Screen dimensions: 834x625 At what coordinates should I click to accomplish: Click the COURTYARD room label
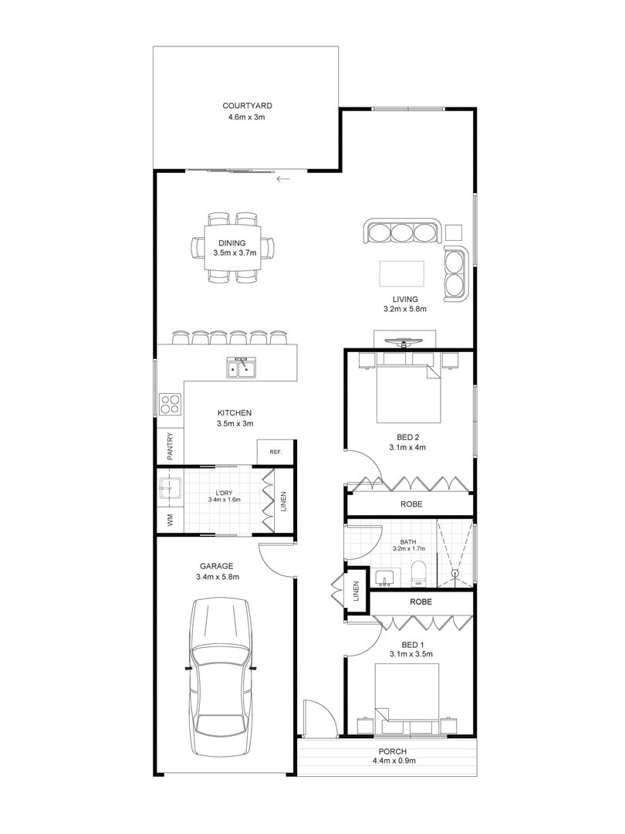(x=247, y=106)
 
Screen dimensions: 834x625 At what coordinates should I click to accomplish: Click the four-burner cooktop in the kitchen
(x=170, y=403)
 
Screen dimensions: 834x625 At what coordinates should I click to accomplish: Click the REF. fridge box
(x=275, y=452)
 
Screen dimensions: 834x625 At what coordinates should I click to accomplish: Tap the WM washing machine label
(x=170, y=520)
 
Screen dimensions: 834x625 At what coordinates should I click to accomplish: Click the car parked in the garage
(x=221, y=678)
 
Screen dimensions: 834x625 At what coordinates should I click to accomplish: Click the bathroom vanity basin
(x=383, y=578)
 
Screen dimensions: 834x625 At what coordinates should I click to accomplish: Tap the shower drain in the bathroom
(x=455, y=574)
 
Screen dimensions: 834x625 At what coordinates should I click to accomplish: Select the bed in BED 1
(x=407, y=695)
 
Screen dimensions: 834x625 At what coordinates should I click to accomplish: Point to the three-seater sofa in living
(x=401, y=232)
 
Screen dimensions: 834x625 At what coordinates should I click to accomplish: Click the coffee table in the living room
(x=401, y=274)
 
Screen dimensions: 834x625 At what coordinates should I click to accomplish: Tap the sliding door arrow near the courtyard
(x=282, y=179)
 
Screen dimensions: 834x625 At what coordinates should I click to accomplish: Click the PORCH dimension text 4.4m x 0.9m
(x=393, y=761)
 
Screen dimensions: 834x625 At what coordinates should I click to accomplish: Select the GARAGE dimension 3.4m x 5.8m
(x=218, y=576)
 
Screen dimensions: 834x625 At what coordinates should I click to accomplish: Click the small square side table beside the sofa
(x=454, y=231)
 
